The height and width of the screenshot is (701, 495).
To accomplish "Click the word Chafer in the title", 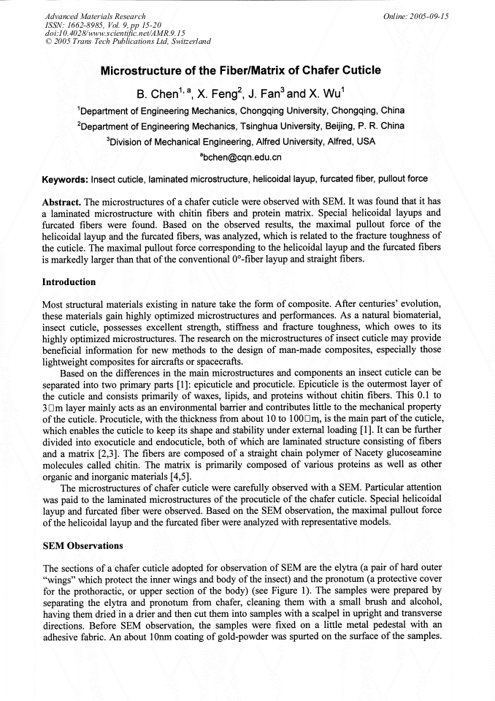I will click(x=323, y=71).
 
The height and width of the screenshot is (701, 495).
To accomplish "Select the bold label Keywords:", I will click(x=66, y=178).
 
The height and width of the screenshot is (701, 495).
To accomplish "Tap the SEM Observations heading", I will click(x=83, y=545).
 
